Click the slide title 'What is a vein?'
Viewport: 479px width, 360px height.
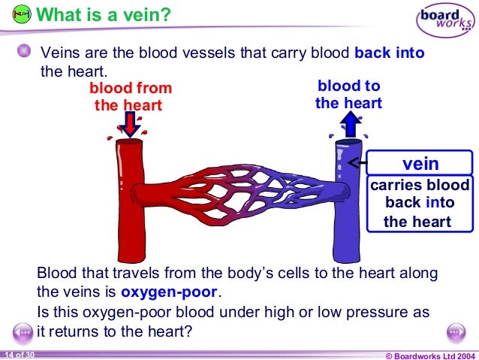103,14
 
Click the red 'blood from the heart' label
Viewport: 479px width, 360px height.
130,96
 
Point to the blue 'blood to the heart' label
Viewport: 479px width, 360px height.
348,95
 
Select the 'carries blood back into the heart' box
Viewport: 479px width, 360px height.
420,203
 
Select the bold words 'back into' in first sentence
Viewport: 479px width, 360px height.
390,53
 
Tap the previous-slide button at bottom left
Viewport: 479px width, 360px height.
23,333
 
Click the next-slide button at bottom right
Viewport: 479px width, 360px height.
456,333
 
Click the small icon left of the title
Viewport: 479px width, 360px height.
23,14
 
